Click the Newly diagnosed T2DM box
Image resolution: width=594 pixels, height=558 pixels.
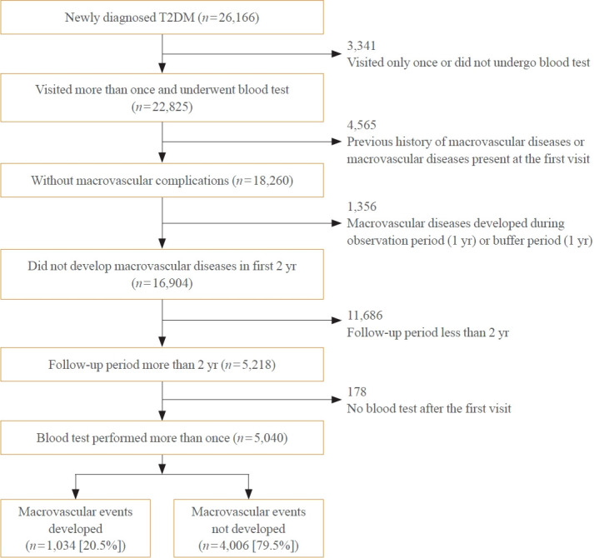[162, 17]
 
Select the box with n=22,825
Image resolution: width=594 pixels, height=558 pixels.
[162, 97]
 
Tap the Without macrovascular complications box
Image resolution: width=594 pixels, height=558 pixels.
[162, 181]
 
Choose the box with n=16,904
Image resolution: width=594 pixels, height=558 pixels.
[162, 274]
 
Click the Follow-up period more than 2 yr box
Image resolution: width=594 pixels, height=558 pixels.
[162, 365]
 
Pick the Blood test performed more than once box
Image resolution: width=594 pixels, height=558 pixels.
[162, 437]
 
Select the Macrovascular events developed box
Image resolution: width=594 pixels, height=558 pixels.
[75, 528]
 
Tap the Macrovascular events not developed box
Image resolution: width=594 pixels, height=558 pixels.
[248, 528]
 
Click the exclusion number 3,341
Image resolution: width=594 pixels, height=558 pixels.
[362, 46]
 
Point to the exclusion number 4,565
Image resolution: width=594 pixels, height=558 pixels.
[362, 125]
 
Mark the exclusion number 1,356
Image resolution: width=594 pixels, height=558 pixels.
[362, 207]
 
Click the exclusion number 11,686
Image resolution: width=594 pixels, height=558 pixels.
[365, 315]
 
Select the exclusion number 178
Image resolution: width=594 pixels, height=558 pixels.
[357, 391]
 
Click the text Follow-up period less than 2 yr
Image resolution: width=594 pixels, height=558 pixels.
[427, 332]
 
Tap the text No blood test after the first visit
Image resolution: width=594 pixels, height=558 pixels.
[429, 408]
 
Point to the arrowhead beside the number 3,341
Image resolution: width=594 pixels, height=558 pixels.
[337, 54]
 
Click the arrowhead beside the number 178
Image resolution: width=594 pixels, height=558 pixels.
[337, 399]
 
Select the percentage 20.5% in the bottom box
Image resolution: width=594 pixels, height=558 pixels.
[99, 546]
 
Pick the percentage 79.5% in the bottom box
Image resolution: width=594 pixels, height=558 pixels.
[272, 546]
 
